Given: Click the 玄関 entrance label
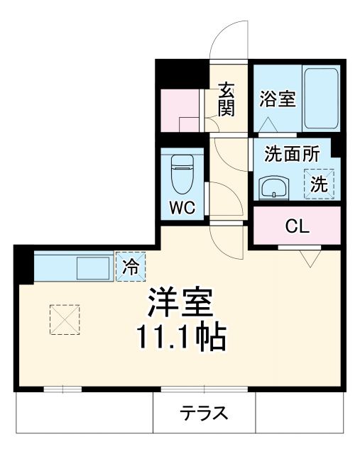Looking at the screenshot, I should (x=227, y=99).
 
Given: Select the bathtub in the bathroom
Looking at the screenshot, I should (x=321, y=98).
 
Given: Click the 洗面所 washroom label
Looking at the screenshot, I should (x=292, y=153).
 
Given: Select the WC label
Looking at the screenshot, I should (x=182, y=209).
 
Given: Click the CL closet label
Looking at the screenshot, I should (x=298, y=226).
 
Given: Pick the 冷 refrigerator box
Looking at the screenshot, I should (x=131, y=268).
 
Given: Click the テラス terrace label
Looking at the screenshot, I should (x=204, y=414).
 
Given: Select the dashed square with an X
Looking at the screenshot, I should (x=65, y=319).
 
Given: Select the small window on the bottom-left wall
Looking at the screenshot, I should (x=62, y=389).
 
